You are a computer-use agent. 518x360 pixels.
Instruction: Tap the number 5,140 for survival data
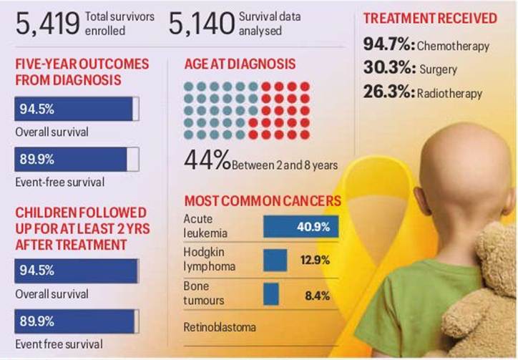point(201,24)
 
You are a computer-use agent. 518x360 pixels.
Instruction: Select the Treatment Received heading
point(430,17)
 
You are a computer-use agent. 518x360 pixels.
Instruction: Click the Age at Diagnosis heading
point(240,64)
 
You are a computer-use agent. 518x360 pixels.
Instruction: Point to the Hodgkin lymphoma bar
point(275,259)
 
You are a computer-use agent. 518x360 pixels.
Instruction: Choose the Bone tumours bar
point(271,293)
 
